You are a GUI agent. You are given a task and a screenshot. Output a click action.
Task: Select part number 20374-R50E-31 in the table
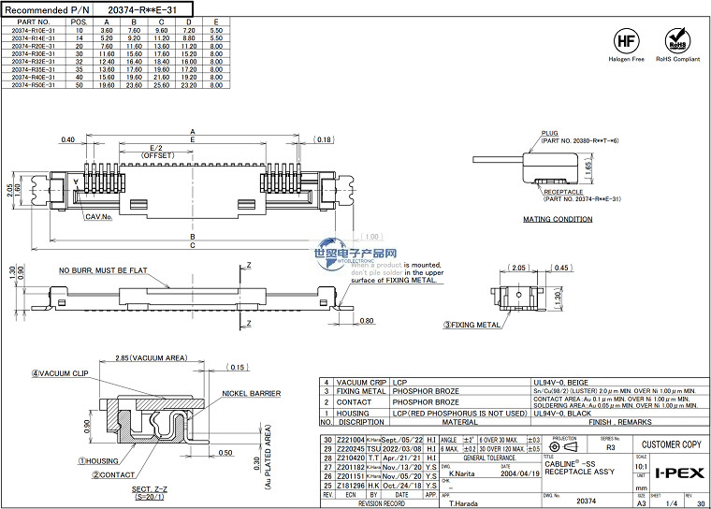click(x=33, y=84)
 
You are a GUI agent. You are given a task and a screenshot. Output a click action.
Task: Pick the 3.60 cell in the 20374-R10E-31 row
click(x=107, y=30)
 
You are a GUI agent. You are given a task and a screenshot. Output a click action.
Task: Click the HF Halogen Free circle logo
click(x=626, y=41)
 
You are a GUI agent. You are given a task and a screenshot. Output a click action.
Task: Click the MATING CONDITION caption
click(x=557, y=220)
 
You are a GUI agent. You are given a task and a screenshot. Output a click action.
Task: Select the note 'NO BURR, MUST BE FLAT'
click(x=103, y=270)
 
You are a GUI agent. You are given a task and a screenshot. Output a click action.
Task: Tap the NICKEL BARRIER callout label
click(x=251, y=394)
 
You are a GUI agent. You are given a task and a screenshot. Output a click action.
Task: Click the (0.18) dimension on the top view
click(x=324, y=139)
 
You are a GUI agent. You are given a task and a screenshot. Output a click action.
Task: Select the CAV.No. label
click(x=98, y=216)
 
